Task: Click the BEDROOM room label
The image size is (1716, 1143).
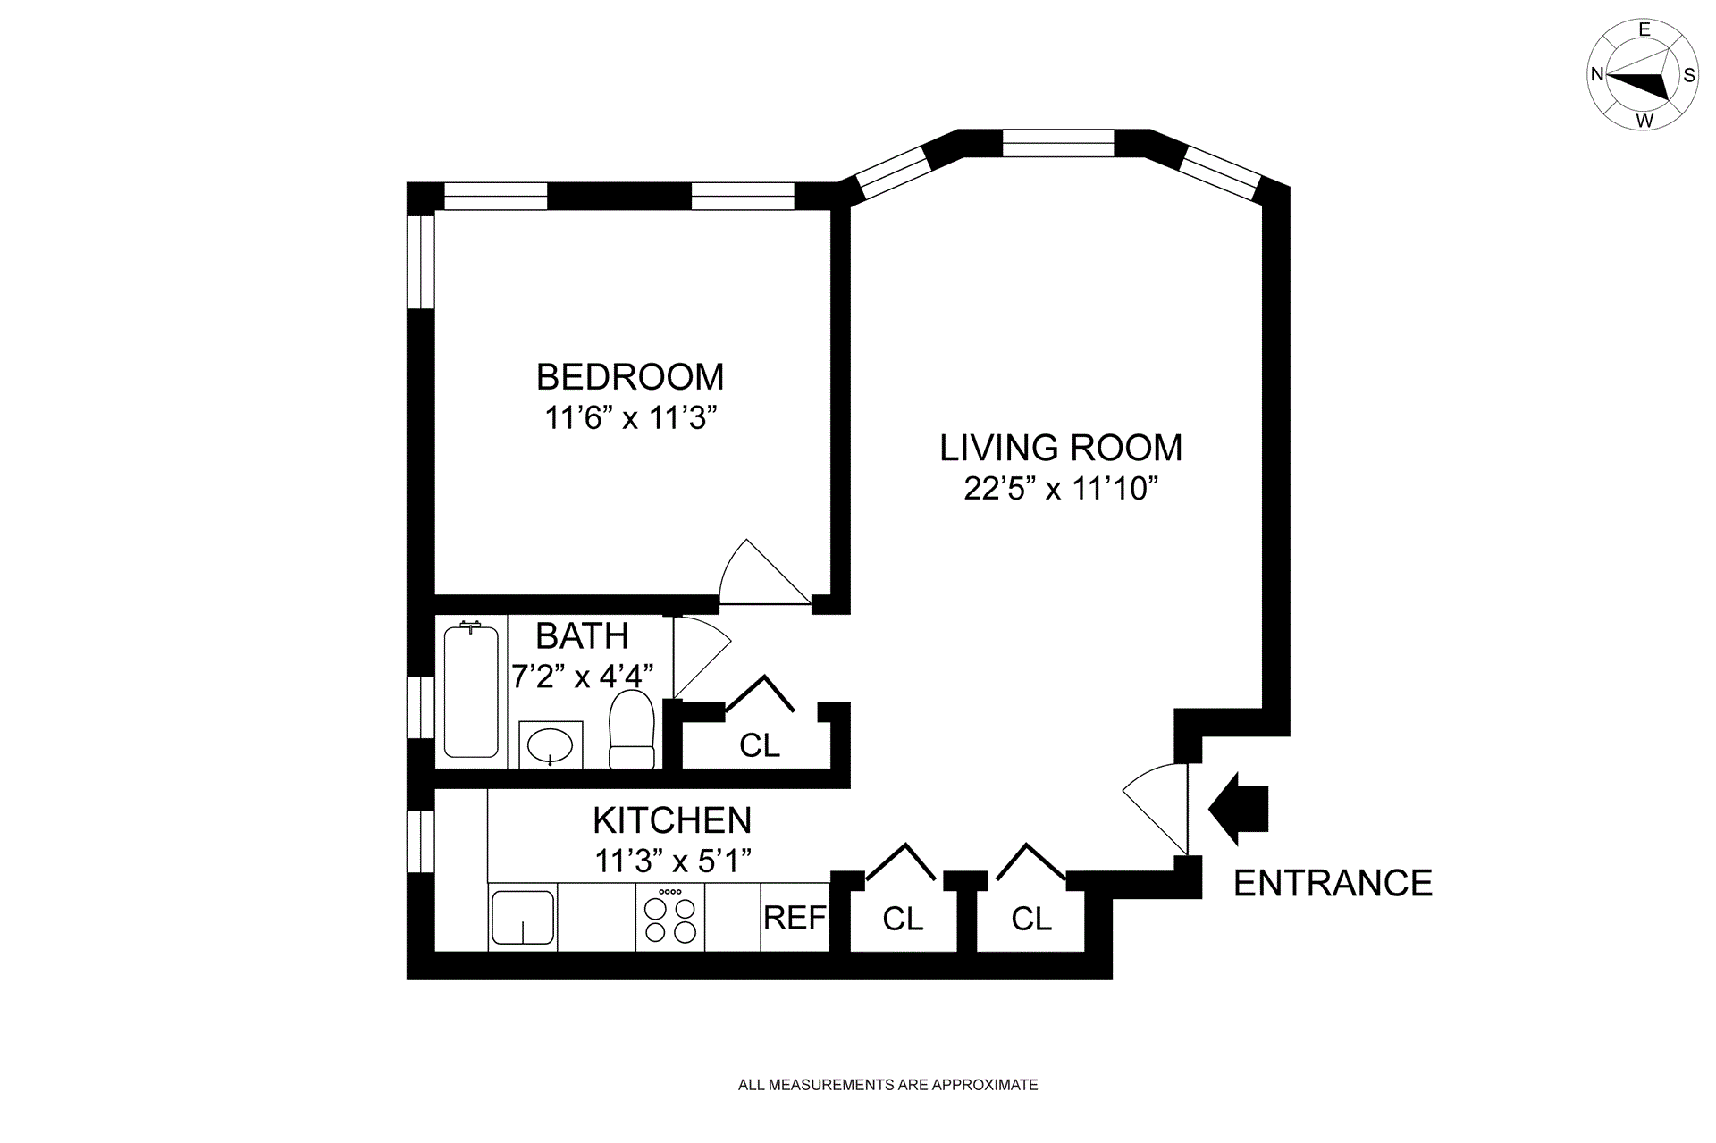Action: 630,377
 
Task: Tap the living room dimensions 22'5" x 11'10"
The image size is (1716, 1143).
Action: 1061,489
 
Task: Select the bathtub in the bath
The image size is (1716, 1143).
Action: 471,690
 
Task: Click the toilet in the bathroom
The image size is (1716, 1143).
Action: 632,729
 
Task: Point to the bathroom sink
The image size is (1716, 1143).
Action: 550,744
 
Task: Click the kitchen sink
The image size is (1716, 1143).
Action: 523,918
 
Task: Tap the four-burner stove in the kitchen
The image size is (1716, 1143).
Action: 670,918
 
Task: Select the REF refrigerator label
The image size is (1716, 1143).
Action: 795,918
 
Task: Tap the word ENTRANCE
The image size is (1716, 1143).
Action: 1333,883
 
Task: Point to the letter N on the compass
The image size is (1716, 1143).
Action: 1596,75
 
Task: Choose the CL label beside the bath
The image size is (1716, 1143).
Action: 760,745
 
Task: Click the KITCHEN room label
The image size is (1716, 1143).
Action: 672,819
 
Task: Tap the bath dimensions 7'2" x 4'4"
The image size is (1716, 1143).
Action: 582,676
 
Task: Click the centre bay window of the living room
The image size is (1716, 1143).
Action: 1058,143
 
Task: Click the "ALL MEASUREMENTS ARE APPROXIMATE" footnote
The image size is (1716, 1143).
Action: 887,1085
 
